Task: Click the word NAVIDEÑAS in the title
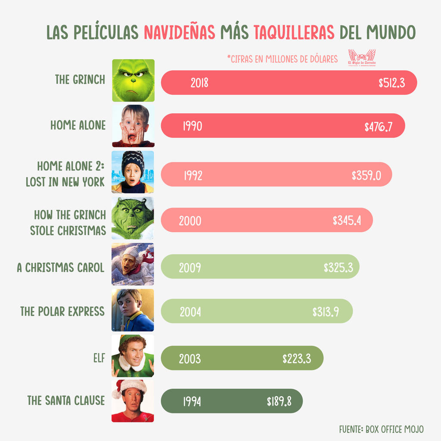(180, 32)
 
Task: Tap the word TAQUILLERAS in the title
(294, 32)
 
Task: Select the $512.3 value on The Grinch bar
(391, 83)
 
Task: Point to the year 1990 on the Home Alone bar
(192, 126)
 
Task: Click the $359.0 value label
(366, 175)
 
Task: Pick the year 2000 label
(190, 221)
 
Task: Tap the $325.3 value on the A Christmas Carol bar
(338, 267)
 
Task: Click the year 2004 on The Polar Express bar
(190, 312)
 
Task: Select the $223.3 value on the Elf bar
(297, 358)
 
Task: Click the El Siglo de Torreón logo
(362, 58)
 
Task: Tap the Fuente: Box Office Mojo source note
(381, 429)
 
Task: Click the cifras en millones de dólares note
(283, 59)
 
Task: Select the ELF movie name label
(99, 358)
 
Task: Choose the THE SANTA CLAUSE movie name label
(66, 401)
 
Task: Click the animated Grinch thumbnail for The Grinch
(133, 81)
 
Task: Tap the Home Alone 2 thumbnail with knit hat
(133, 171)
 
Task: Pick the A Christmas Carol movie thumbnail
(133, 264)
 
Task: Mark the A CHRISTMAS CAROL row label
(60, 267)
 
